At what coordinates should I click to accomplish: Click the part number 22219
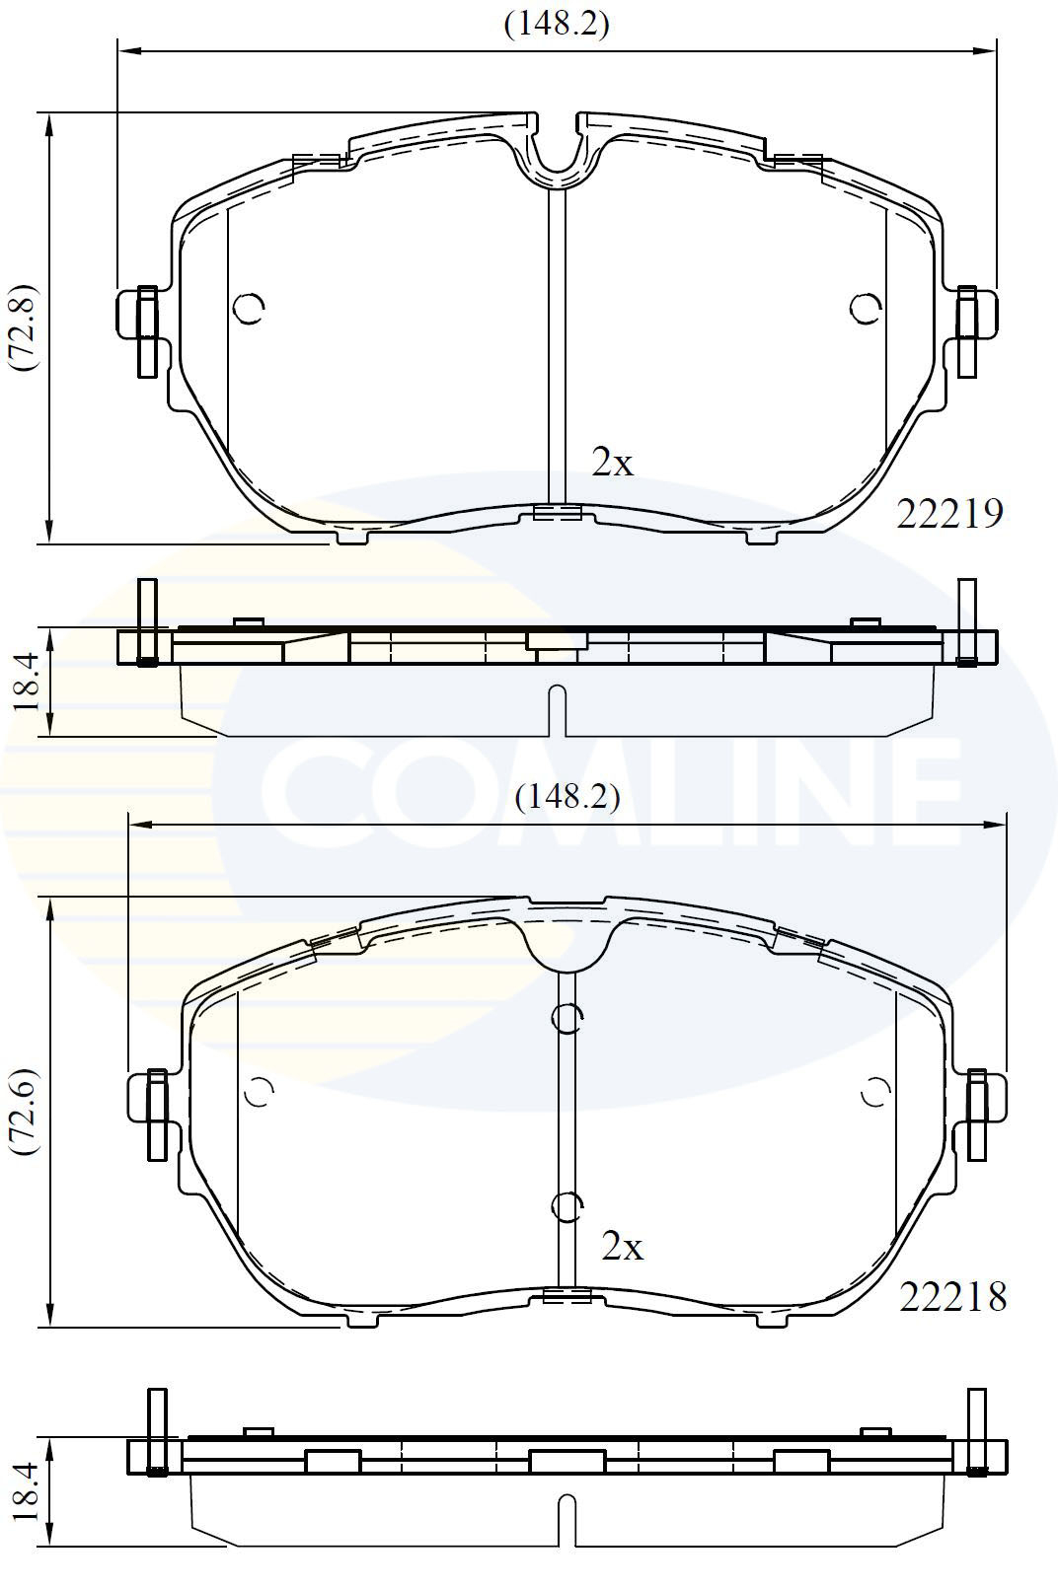click(x=949, y=513)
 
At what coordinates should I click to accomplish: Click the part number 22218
click(x=953, y=1298)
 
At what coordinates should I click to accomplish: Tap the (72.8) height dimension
click(x=24, y=327)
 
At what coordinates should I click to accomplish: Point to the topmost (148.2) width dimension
click(x=557, y=25)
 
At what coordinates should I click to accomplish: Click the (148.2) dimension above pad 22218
click(x=567, y=797)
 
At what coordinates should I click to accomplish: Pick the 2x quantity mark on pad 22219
click(x=612, y=464)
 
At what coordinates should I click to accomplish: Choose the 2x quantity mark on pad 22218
click(x=622, y=1247)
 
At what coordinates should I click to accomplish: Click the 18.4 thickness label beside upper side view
click(x=26, y=682)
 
